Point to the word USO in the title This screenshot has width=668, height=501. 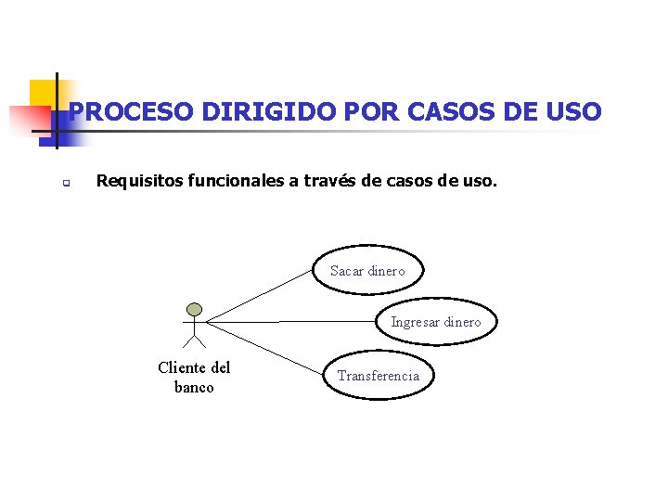click(572, 112)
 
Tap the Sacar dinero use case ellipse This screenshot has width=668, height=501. click(367, 271)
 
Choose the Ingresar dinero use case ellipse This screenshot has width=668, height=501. click(435, 322)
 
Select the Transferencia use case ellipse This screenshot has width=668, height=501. click(378, 376)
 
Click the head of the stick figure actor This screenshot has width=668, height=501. click(194, 309)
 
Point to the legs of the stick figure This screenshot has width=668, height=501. click(194, 340)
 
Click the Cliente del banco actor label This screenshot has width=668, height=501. click(194, 378)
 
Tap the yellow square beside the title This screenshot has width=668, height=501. click(41, 94)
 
